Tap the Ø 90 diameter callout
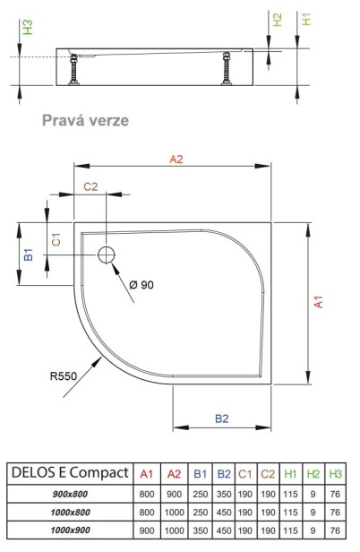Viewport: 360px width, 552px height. click(x=141, y=284)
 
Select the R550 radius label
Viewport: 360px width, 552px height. click(x=64, y=376)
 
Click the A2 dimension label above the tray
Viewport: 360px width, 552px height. click(x=176, y=160)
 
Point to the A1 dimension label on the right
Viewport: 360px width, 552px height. click(x=318, y=302)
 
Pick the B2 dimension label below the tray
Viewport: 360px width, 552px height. click(x=222, y=418)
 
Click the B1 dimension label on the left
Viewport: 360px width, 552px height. click(x=29, y=254)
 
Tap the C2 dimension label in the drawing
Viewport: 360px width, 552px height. click(x=90, y=186)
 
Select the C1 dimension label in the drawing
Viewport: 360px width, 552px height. click(x=56, y=239)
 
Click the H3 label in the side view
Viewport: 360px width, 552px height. click(x=28, y=27)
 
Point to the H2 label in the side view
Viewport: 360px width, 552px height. click(x=278, y=20)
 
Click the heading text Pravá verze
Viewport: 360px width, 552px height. click(x=85, y=120)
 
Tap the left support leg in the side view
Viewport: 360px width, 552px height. click(x=74, y=69)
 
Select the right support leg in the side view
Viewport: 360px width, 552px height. click(x=227, y=68)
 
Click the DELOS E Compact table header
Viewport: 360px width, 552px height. click(x=70, y=472)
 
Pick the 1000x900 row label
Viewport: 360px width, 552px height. click(x=71, y=530)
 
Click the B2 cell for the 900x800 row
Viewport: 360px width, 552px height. click(x=224, y=494)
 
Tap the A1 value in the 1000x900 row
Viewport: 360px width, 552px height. click(x=147, y=530)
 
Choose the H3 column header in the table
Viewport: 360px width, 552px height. click(x=335, y=474)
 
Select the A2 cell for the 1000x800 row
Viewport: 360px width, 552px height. click(x=175, y=513)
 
